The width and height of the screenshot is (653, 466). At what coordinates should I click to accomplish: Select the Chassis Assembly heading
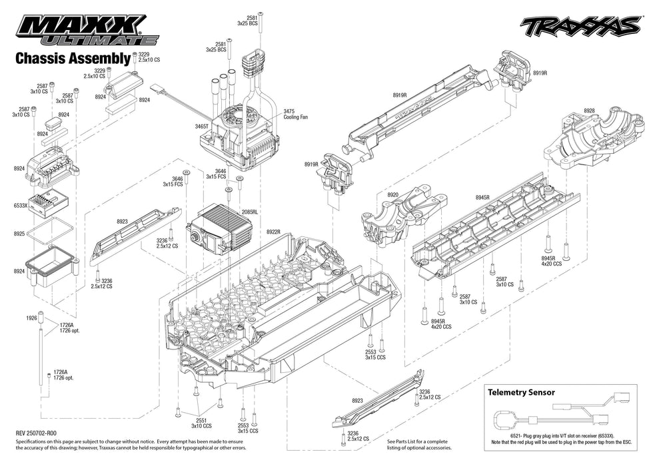[x=73, y=59]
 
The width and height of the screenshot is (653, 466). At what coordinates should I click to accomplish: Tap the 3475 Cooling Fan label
[x=296, y=114]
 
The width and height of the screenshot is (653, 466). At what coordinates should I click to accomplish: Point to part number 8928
[x=589, y=111]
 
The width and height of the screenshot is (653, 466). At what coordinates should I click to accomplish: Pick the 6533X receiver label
[x=21, y=206]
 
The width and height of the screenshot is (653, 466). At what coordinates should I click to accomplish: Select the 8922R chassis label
[x=273, y=232]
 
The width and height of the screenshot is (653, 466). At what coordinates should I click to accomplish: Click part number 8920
[x=392, y=195]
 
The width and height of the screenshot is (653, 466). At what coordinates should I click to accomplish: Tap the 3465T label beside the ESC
[x=202, y=126]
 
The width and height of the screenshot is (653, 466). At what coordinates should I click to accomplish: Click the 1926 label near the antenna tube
[x=31, y=318]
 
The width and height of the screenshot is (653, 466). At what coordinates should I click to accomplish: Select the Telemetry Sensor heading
[x=521, y=392]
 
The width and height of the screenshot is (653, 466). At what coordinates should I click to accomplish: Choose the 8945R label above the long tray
[x=482, y=198]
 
